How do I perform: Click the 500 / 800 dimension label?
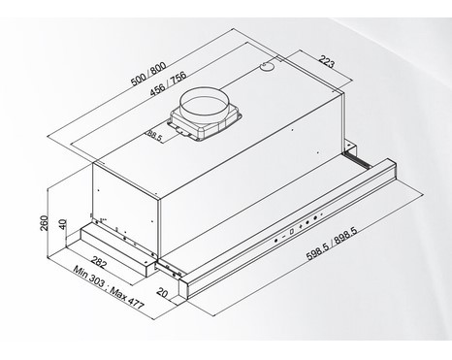148,74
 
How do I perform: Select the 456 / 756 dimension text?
169,83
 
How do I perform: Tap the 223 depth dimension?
326,61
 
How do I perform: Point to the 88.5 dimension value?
154,136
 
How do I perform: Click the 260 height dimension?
44,223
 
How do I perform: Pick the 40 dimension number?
62,223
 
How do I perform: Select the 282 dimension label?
98,263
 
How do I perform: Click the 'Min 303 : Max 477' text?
109,287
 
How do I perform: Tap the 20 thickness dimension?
163,292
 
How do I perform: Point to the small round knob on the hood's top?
267,66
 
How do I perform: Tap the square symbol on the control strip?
292,232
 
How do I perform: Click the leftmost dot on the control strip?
275,241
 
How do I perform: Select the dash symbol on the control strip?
283,237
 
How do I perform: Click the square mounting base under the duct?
205,124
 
